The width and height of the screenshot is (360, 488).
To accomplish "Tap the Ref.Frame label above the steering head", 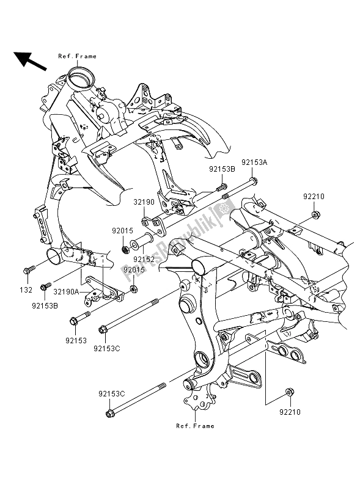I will pyautogui.click(x=77, y=56).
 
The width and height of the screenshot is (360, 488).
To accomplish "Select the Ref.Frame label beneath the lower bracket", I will pyautogui.click(x=195, y=426).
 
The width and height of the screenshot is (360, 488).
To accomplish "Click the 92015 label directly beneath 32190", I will pyautogui.click(x=122, y=231).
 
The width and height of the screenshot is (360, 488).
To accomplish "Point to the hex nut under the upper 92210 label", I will pyautogui.click(x=315, y=214).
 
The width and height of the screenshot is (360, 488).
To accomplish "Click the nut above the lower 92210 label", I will pyautogui.click(x=288, y=391).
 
